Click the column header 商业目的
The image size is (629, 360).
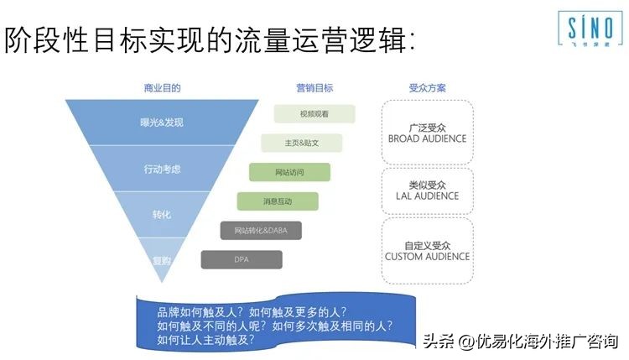pos(162,87)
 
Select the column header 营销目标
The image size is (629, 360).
pos(314,87)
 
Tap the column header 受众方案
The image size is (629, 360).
pos(427,87)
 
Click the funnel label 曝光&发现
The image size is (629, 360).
pos(162,123)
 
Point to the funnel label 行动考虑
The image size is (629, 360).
pos(162,169)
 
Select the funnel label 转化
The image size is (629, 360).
pos(162,215)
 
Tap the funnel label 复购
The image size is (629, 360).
pos(162,260)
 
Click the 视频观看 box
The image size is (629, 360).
pos(314,113)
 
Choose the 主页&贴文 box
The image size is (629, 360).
pos(301,143)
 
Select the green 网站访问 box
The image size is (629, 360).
pos(289,172)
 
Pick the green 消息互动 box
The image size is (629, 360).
pos(278,201)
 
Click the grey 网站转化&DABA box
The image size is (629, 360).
pos(261,230)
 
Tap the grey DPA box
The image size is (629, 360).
pos(242,259)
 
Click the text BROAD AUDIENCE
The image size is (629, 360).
pos(427,138)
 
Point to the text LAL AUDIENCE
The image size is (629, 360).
pos(427,196)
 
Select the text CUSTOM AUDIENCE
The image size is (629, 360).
pos(427,257)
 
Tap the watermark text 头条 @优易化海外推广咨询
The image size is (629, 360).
pos(520,342)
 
